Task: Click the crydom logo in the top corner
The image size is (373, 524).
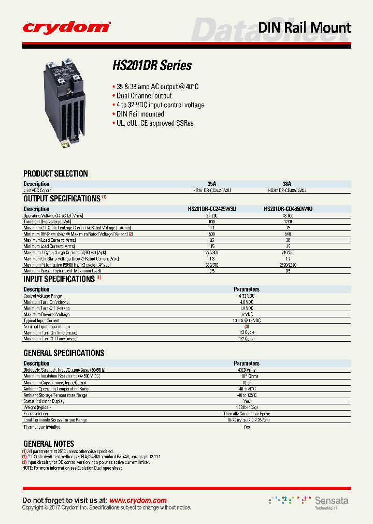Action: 66,27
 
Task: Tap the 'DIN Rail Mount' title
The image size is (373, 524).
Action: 304,27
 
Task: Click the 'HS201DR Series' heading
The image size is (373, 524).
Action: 152,66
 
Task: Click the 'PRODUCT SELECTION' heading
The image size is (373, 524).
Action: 55,173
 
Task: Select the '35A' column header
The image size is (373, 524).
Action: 212,184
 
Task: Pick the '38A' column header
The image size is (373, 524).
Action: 287,184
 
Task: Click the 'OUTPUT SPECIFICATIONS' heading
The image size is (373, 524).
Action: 62,198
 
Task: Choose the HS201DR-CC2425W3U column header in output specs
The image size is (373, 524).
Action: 212,209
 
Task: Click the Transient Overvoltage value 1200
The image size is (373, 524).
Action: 287,222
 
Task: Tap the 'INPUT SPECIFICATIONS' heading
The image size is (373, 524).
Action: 59,279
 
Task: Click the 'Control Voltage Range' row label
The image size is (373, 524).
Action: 43,296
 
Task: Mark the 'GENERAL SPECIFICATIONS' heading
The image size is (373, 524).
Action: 64,353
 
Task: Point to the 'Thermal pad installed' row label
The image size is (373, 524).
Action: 42,427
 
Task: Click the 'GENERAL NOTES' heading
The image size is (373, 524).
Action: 49,444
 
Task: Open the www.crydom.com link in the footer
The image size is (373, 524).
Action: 138,500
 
